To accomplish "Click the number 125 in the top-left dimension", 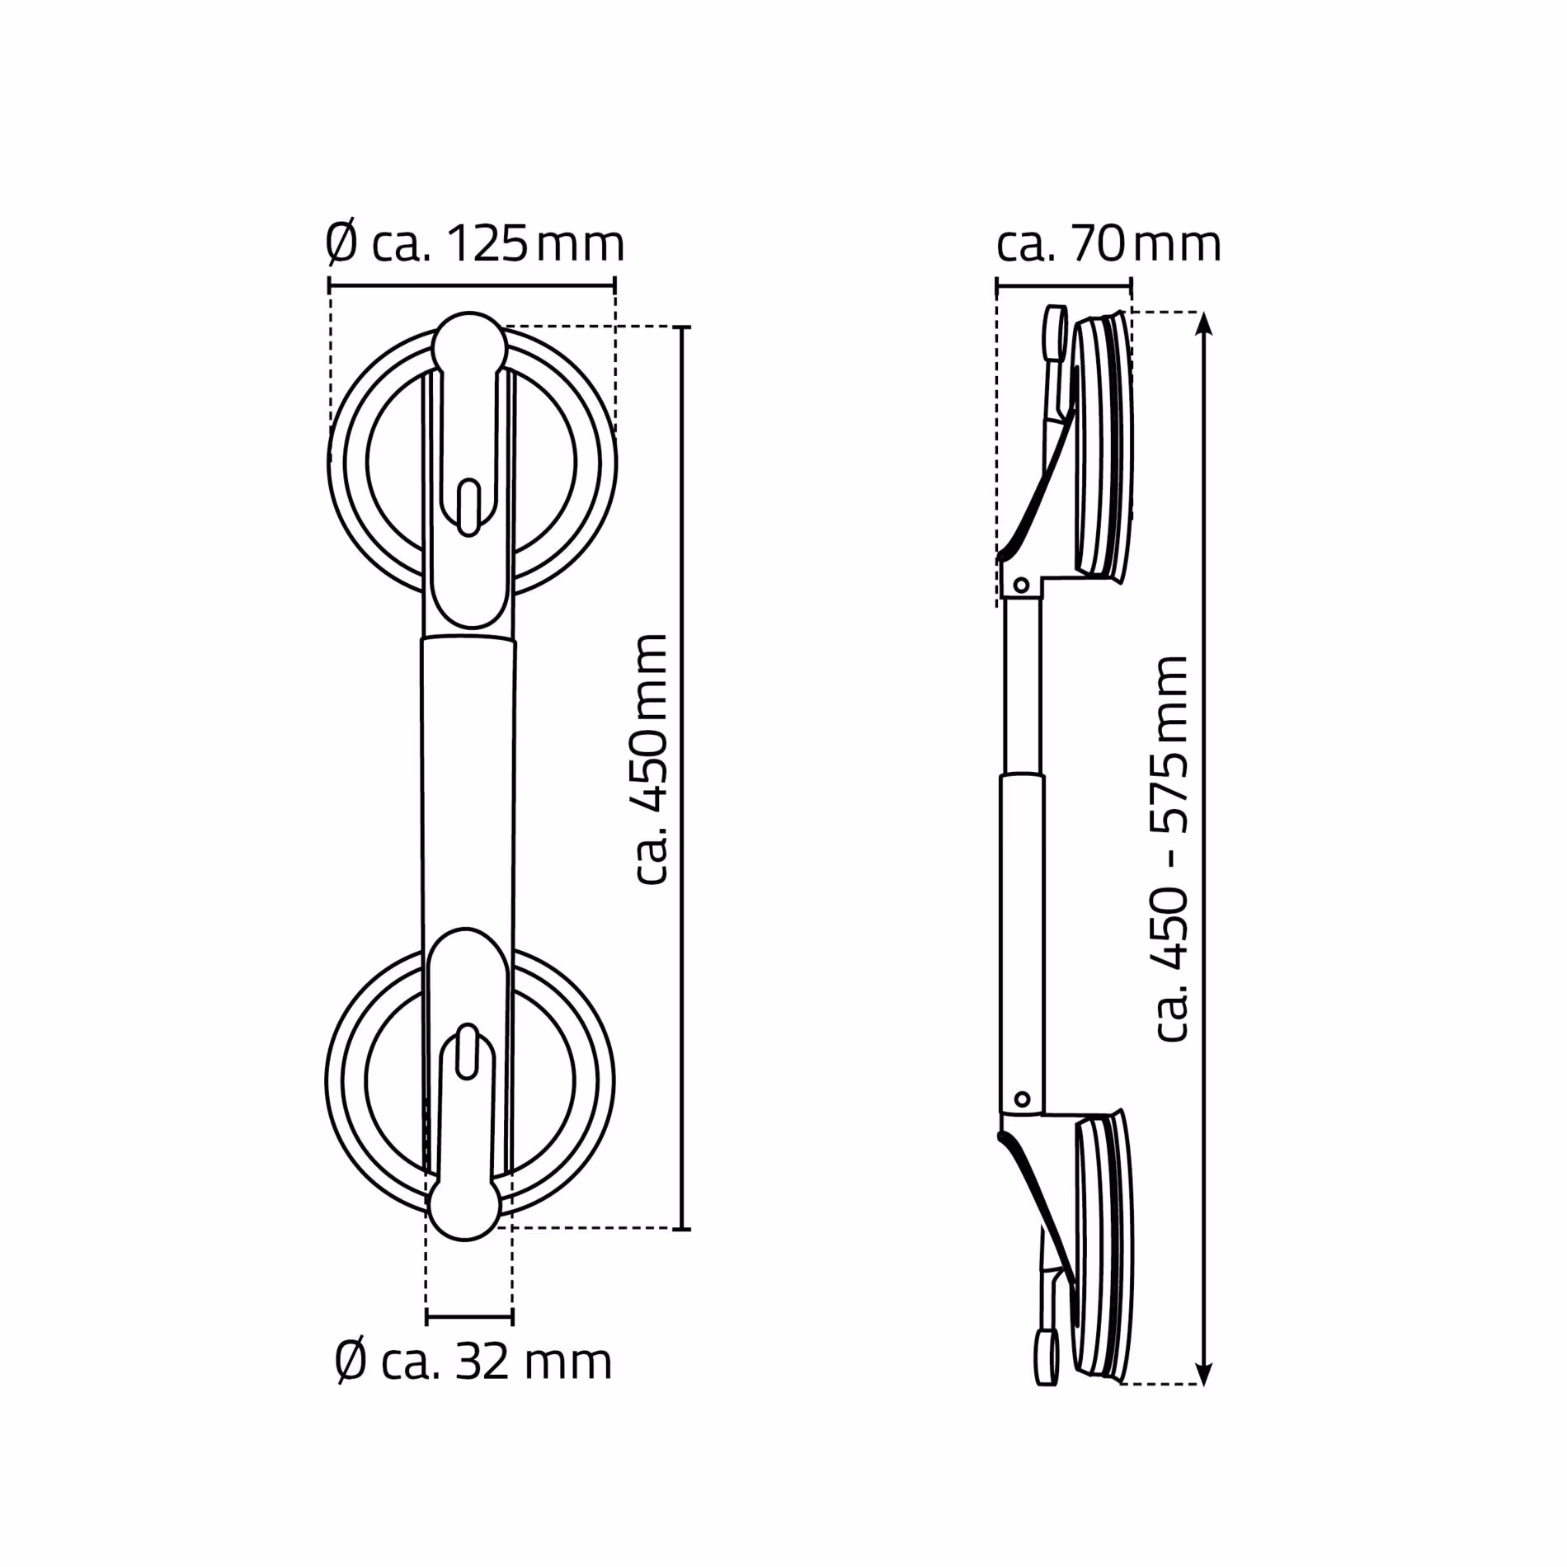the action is click(x=487, y=244).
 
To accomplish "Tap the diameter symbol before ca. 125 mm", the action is click(x=342, y=244).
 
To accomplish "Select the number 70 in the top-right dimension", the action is click(x=1099, y=244).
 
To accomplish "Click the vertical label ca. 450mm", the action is click(x=652, y=760).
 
